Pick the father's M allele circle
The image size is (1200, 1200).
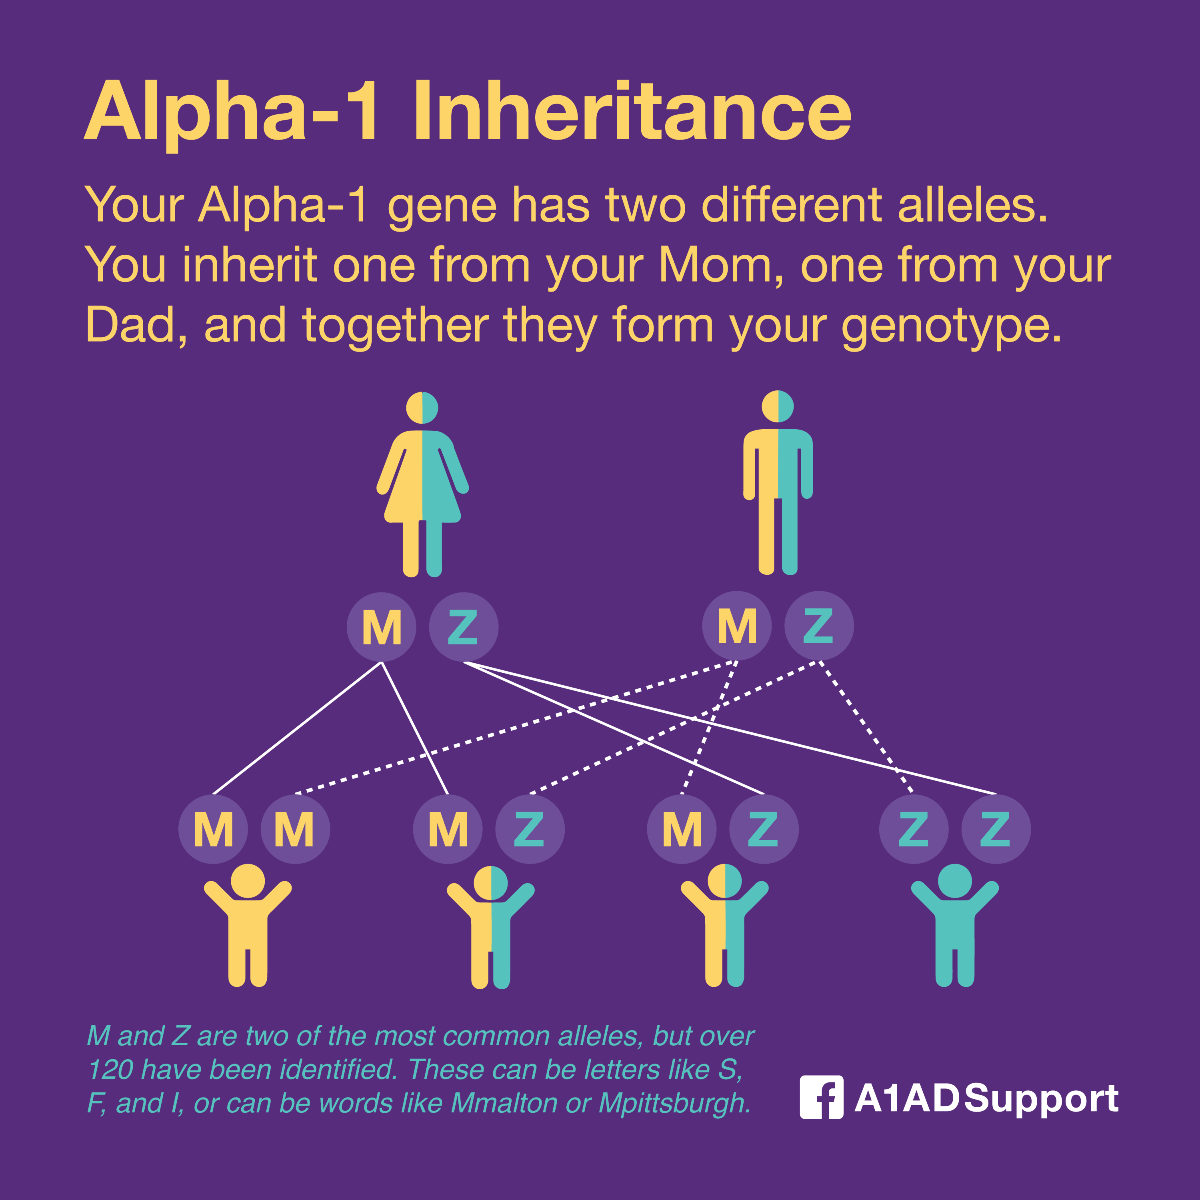click(737, 626)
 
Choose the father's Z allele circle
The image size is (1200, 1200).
click(819, 626)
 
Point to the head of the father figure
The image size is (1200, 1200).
click(778, 406)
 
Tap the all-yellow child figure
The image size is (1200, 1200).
click(248, 926)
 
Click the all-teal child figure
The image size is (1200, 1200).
click(955, 926)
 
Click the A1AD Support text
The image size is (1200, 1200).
click(986, 1098)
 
